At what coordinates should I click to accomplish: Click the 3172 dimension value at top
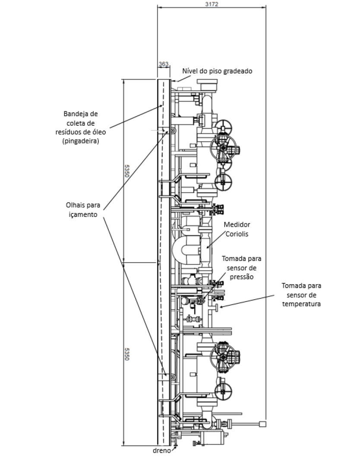(212, 4)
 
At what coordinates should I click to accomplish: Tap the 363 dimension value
(164, 64)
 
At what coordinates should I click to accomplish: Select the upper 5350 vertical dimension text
(126, 171)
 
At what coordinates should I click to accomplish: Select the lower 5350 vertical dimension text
(126, 354)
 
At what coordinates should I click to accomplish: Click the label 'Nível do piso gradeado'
(217, 71)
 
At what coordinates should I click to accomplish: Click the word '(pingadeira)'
(81, 141)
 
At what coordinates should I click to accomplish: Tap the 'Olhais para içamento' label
(83, 210)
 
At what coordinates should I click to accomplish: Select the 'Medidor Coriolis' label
(237, 229)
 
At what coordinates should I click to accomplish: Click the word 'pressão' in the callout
(242, 277)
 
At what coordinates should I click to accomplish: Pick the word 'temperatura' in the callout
(301, 304)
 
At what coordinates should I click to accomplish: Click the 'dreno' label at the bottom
(161, 450)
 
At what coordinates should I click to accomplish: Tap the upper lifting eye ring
(173, 131)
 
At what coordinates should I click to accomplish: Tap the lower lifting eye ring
(173, 377)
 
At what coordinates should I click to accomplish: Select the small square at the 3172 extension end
(262, 424)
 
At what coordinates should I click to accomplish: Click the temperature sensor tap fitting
(216, 308)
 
